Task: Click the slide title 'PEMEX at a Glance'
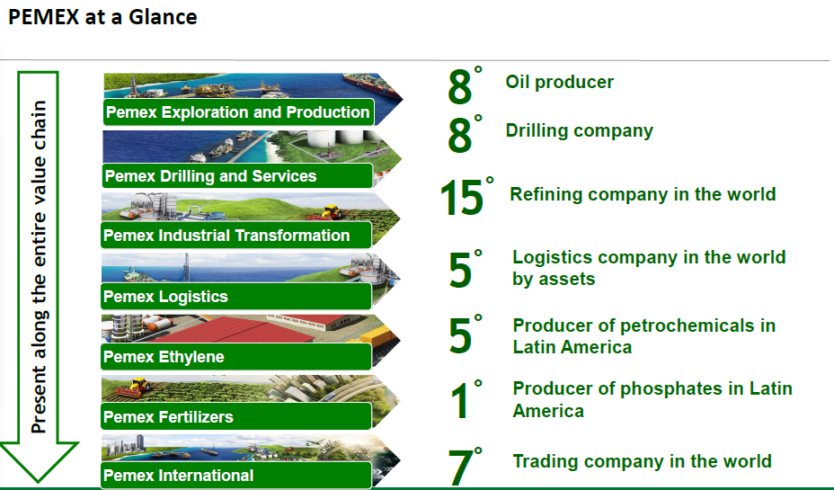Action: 102,17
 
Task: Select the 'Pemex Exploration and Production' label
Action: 238,112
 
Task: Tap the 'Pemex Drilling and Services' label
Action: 210,176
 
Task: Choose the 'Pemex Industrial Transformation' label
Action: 226,236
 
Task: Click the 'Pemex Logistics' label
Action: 165,297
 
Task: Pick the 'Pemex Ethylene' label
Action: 164,356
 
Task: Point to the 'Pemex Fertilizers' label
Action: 168,416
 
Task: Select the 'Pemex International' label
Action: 178,475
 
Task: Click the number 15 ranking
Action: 462,198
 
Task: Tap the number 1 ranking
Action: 460,400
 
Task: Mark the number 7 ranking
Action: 461,468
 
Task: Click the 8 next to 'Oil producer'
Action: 459,86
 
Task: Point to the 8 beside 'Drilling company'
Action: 459,135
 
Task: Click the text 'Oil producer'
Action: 560,82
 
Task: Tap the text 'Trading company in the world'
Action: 642,461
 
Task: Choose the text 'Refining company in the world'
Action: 643,194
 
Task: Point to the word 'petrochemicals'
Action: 688,325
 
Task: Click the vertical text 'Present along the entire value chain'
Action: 39,266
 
